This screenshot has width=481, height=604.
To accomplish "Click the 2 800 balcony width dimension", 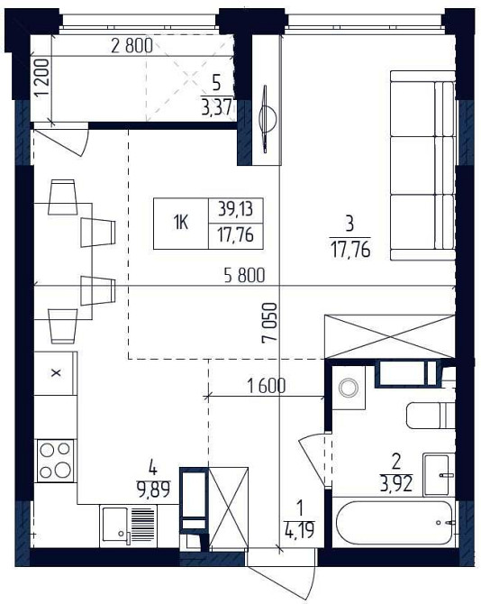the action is [132, 45].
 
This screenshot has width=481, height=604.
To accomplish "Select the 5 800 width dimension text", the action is [244, 276].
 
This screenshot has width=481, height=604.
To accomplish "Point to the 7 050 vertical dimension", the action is [269, 323].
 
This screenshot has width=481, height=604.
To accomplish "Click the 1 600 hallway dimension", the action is [267, 386].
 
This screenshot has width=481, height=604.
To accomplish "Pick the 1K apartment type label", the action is [180, 223].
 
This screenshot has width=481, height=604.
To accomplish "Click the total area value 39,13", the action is [235, 209].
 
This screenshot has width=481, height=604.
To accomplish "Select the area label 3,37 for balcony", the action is [217, 107].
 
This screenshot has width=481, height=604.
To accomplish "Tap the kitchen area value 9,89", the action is [153, 490].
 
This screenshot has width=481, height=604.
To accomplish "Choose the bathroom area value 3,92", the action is [396, 484].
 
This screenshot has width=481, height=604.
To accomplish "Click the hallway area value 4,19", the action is [300, 530].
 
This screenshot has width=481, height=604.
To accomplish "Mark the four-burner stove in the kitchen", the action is [56, 461].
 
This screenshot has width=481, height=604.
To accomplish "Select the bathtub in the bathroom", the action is [394, 523].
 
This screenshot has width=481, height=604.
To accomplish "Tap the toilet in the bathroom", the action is [431, 416].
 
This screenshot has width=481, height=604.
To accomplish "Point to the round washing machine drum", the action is [349, 388].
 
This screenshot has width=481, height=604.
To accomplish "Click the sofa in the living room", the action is [422, 165].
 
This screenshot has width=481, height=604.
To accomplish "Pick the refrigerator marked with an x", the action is [56, 373].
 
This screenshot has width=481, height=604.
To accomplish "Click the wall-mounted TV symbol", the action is [267, 119].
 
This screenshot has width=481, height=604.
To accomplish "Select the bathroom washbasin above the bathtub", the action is [438, 474].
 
